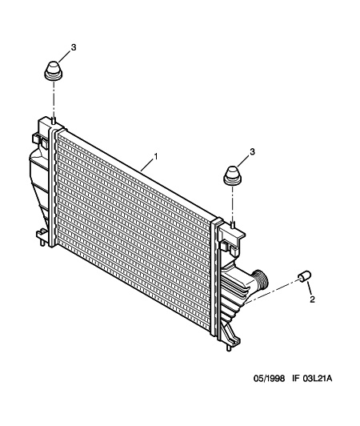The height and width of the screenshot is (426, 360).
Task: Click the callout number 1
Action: [x=156, y=157]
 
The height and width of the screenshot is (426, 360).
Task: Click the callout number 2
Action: [x=312, y=299]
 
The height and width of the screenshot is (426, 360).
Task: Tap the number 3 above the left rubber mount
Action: [x=74, y=47]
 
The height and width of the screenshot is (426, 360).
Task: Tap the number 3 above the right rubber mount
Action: [x=253, y=151]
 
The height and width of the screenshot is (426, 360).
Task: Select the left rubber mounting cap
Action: [x=54, y=70]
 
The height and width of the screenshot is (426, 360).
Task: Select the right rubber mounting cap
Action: [x=233, y=176]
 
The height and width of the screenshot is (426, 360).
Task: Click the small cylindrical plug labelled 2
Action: [x=305, y=276]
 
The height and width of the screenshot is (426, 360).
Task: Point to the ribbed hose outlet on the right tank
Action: [x=259, y=279]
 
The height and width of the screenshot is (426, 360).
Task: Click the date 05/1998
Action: [x=269, y=379]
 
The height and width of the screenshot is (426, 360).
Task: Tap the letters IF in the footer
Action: [x=295, y=379]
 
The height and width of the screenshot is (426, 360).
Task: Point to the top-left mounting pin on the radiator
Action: [x=54, y=121]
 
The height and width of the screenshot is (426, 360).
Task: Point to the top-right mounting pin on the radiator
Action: [x=232, y=224]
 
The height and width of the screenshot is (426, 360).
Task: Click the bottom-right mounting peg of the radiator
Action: [x=229, y=348]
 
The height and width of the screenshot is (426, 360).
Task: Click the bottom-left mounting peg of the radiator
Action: [x=42, y=242]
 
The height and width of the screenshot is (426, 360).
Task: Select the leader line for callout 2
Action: [x=310, y=288]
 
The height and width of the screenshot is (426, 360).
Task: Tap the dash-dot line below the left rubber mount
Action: [x=54, y=99]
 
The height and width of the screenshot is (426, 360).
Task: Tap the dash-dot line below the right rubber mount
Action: [x=232, y=203]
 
